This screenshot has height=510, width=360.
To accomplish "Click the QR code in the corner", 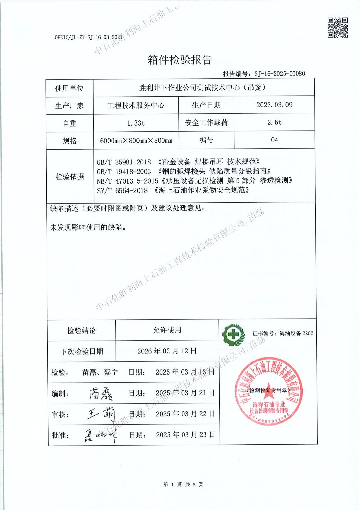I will [337, 27].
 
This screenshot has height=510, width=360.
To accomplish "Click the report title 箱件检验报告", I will [180, 60].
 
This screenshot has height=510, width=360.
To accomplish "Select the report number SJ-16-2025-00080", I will [279, 74].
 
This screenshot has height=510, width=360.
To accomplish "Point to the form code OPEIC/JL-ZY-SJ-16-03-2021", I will [88, 37].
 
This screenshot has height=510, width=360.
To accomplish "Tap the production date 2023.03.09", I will [274, 105].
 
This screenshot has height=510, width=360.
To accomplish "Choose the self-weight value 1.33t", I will [136, 123].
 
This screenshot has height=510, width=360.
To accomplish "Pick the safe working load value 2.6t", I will [274, 122].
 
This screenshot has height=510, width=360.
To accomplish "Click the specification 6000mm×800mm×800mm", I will [136, 141].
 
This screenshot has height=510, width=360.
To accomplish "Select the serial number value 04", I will [274, 140].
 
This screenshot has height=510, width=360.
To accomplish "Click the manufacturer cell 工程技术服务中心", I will [136, 106].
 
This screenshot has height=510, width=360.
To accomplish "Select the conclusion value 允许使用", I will [167, 330].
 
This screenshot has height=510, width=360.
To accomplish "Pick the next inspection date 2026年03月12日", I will [167, 351].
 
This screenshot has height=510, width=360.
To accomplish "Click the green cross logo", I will [234, 335].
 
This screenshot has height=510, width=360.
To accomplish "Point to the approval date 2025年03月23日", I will [185, 435].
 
